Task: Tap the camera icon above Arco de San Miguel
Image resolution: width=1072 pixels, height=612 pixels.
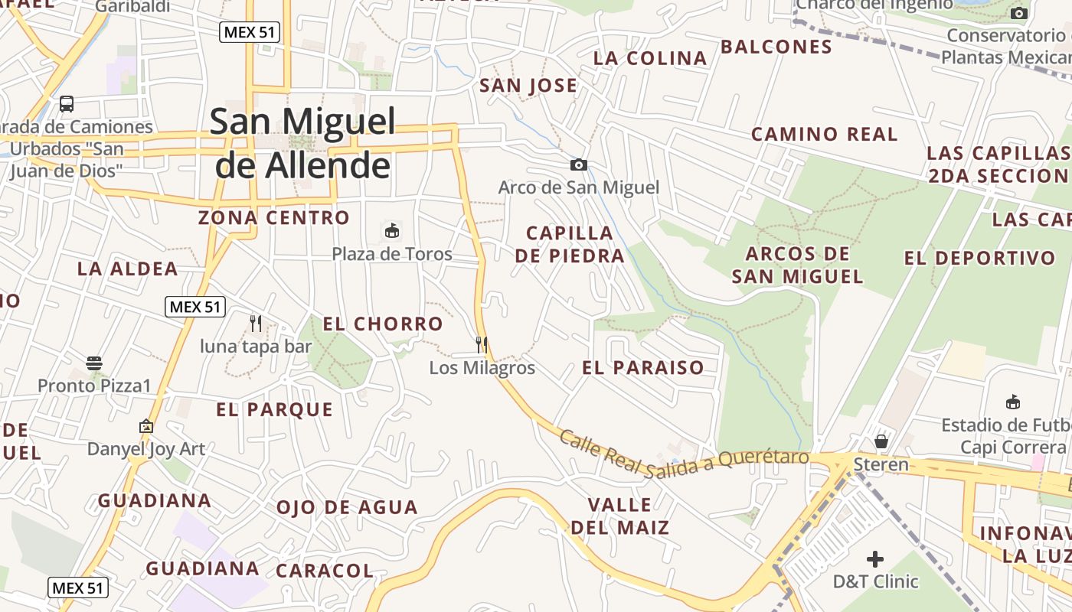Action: pyautogui.click(x=579, y=164)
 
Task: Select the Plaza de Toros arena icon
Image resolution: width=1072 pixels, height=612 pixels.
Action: pyautogui.click(x=391, y=230)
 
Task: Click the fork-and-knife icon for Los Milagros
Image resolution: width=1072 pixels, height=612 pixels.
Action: pyautogui.click(x=482, y=345)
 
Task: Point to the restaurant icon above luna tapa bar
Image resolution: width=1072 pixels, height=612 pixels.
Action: pyautogui.click(x=256, y=324)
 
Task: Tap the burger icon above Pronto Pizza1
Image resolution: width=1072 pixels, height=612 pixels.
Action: pyautogui.click(x=94, y=363)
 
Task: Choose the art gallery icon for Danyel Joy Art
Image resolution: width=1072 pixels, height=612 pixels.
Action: pyautogui.click(x=146, y=426)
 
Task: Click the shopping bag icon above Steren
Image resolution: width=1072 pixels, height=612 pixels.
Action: pyautogui.click(x=881, y=441)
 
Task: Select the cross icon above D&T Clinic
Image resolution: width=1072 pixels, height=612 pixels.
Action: pyautogui.click(x=875, y=559)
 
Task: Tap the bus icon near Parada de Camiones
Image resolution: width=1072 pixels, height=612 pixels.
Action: pyautogui.click(x=67, y=104)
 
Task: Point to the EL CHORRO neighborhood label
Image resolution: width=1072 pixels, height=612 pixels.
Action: pyautogui.click(x=383, y=324)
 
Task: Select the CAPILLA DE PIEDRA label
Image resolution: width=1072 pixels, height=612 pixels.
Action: pyautogui.click(x=570, y=244)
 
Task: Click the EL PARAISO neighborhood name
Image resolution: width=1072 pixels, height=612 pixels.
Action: pyautogui.click(x=643, y=367)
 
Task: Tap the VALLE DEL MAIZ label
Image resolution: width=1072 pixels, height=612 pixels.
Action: pyautogui.click(x=620, y=516)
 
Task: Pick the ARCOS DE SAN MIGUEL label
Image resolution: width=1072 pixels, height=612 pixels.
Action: pyautogui.click(x=798, y=265)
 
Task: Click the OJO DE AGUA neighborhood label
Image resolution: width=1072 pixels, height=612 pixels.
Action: pyautogui.click(x=347, y=507)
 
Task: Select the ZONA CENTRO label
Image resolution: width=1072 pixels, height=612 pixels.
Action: pyautogui.click(x=274, y=218)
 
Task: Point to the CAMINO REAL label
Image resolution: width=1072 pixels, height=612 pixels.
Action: pyautogui.click(x=824, y=134)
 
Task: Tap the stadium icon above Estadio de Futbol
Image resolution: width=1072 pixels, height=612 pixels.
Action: pyautogui.click(x=1013, y=402)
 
